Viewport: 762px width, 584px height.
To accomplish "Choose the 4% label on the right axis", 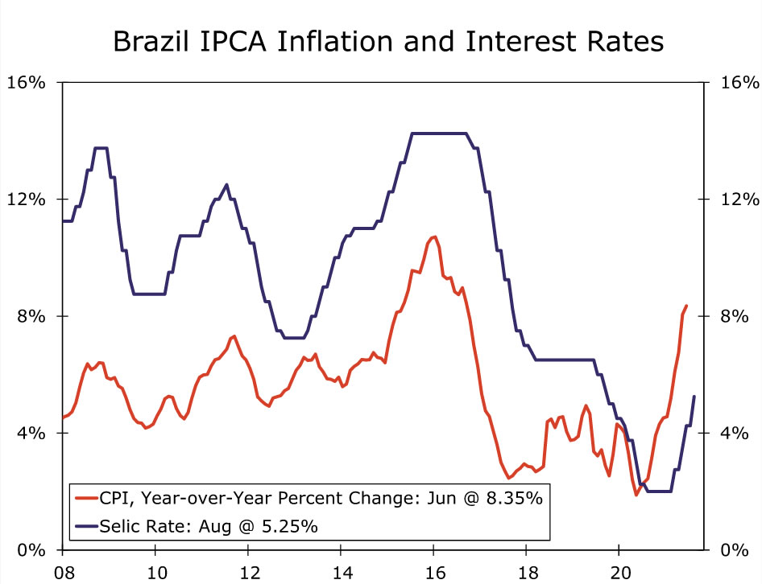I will (734, 433).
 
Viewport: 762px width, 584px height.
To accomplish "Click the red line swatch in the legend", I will (85, 498).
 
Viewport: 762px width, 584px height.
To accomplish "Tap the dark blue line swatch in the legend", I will (85, 527).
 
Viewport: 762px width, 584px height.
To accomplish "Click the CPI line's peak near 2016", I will (434, 236).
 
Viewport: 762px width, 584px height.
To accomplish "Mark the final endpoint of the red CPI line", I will (686, 306).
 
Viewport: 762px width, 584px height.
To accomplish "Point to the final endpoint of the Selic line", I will (694, 397).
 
